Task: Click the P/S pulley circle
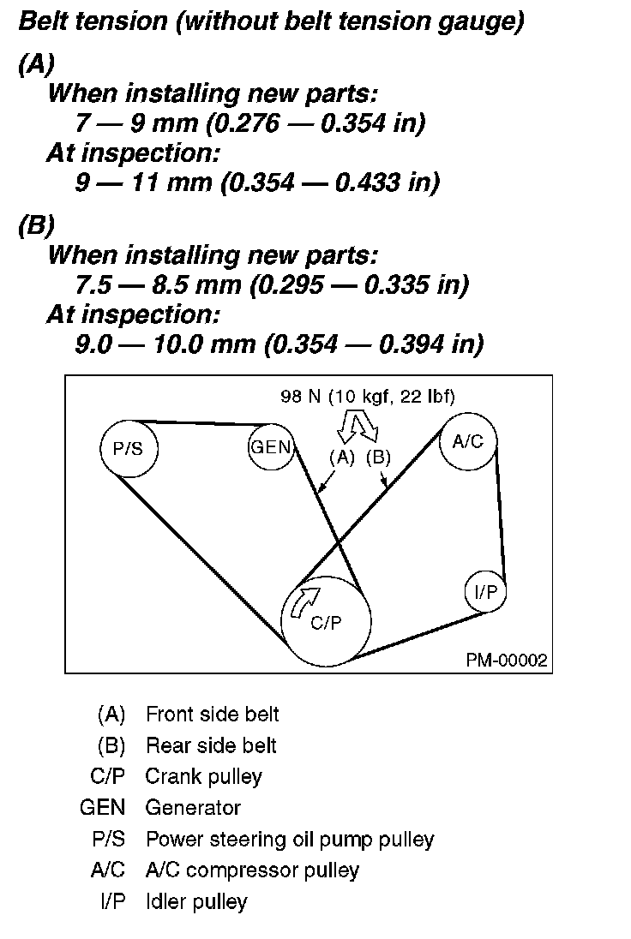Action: coord(129,448)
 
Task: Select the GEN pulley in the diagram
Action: coord(271,447)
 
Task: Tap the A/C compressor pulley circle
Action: coord(468,442)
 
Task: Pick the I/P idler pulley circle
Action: coord(485,592)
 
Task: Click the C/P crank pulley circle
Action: coord(327,622)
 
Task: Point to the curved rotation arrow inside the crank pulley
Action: coord(303,601)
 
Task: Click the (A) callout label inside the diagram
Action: coord(342,457)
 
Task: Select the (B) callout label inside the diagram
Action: coord(378,457)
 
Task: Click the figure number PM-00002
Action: coord(507,661)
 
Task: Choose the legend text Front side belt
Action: coord(212,714)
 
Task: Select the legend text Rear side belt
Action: coord(211,745)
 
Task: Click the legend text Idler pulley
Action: coord(196,901)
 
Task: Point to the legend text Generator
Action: coord(193,807)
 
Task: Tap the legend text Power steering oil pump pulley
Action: coord(290,839)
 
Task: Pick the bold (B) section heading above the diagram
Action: coord(36,225)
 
